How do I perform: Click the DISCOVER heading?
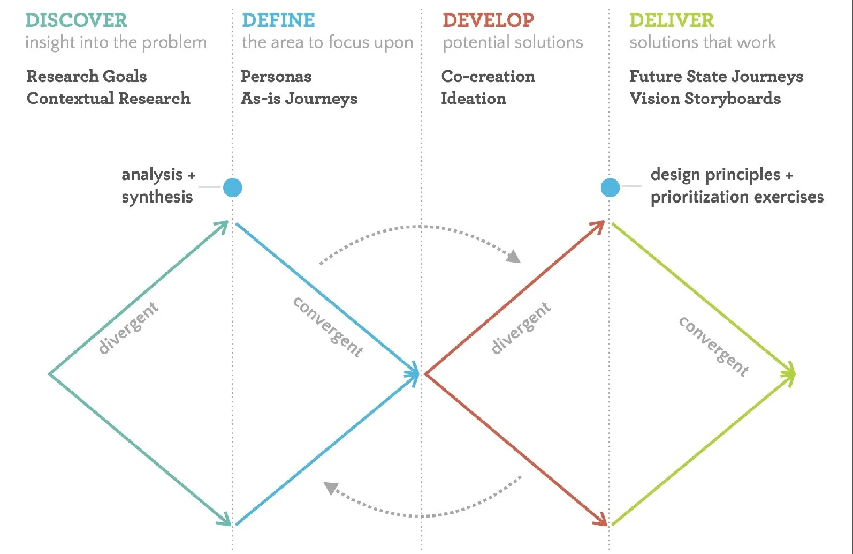click(x=76, y=20)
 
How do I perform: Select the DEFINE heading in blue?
click(x=278, y=20)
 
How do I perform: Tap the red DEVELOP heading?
click(x=488, y=20)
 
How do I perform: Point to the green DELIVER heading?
click(x=672, y=20)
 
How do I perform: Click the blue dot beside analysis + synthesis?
click(x=233, y=188)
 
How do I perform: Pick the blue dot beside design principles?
click(x=610, y=188)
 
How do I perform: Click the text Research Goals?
click(x=87, y=76)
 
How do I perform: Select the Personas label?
click(x=276, y=77)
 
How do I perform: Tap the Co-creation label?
click(x=488, y=76)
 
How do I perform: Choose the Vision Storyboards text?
click(x=705, y=99)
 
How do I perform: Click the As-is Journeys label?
click(x=299, y=99)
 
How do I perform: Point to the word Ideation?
click(x=474, y=99)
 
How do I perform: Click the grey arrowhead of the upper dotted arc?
click(x=514, y=257)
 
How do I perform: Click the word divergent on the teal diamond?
click(x=128, y=328)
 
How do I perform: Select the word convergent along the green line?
click(x=713, y=346)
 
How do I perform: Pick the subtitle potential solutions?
click(x=513, y=42)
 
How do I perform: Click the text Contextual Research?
click(x=109, y=99)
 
